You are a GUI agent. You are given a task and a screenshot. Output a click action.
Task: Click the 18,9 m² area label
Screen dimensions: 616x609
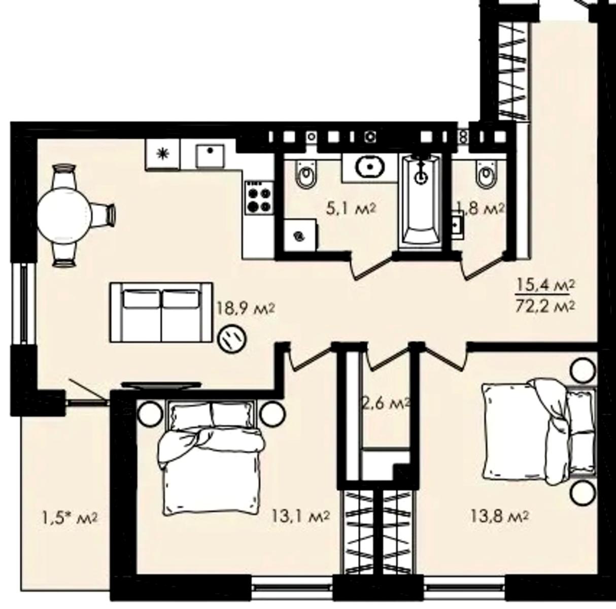246,309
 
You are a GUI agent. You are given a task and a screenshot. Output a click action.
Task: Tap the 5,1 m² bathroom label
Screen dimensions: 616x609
351,210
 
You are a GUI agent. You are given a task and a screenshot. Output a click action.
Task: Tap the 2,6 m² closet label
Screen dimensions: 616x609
386,404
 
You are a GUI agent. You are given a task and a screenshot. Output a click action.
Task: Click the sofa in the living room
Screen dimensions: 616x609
161,312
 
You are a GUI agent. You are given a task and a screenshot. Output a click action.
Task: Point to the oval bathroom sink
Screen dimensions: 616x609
370,166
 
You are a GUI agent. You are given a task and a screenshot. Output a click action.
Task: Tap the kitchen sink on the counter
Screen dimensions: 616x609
210,156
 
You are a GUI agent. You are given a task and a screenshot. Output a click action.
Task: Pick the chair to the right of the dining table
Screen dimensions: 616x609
104,213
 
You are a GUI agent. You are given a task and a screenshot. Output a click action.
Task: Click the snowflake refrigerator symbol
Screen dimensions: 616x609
163,154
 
